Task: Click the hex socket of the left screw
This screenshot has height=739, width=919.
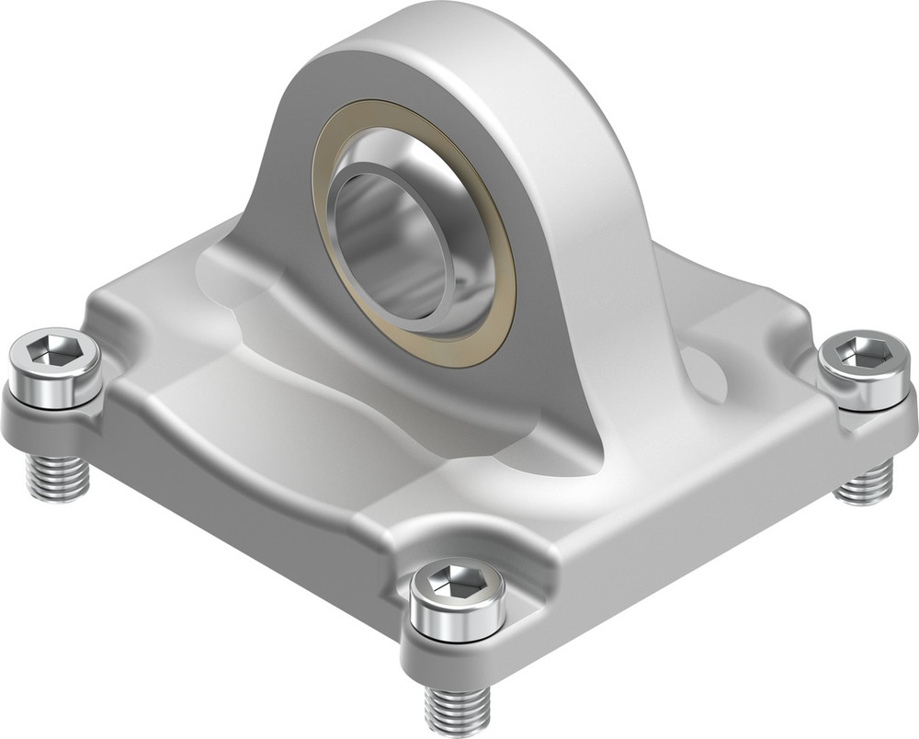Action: pos(54,350)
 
